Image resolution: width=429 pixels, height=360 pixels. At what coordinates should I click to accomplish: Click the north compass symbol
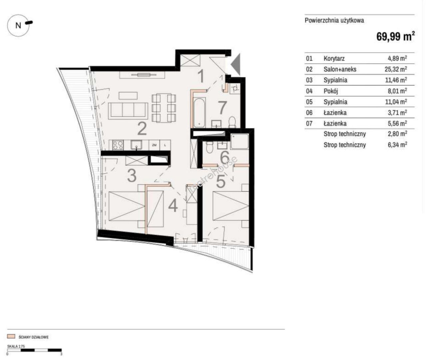pos(19,25)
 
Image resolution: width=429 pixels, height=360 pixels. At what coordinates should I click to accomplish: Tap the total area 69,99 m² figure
pos(395,37)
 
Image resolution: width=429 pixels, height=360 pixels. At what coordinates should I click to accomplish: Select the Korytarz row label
pos(334,59)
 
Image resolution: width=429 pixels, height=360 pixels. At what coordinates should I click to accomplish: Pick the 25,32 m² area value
pos(396,69)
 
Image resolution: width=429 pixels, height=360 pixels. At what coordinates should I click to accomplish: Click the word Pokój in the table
pos(331,91)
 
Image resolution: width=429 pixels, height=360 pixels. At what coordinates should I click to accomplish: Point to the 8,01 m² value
pos(397,91)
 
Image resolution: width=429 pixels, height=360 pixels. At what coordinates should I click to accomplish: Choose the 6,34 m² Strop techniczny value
pos(397,145)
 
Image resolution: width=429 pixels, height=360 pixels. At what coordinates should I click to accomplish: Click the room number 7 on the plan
pos(222,108)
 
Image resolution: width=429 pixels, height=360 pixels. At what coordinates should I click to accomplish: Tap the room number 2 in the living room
pos(142,129)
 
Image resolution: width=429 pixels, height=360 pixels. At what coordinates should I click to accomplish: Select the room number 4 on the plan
pos(173,206)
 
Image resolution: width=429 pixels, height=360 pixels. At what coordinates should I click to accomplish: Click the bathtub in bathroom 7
pos(199,113)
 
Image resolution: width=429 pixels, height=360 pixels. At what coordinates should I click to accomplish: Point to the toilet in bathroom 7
pos(232,122)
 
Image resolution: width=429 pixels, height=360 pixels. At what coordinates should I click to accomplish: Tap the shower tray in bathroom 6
pos(239,141)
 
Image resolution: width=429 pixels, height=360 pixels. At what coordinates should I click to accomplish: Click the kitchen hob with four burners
pos(118,145)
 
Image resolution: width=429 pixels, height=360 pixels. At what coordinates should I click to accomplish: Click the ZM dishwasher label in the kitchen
pos(154,145)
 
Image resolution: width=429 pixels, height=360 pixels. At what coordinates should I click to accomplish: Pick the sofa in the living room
pos(128,111)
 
